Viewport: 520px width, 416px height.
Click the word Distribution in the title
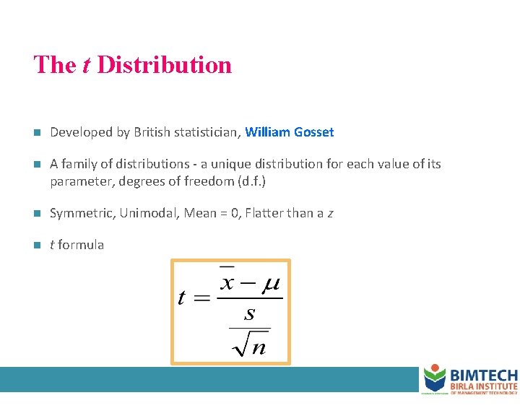[x=164, y=65]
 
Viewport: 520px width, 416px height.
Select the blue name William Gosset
[x=290, y=132]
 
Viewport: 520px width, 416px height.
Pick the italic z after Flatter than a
[x=330, y=214]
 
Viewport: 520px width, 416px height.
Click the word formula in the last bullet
[x=81, y=245]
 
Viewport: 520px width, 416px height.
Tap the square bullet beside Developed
[x=38, y=133]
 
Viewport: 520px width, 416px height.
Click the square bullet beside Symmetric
[x=38, y=214]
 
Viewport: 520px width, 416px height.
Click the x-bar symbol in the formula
[x=227, y=280]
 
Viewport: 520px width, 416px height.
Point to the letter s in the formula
[x=250, y=313]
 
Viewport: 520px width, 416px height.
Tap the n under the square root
[x=259, y=347]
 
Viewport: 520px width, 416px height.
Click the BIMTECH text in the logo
[x=483, y=376]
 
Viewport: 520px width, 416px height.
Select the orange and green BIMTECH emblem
[x=434, y=378]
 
